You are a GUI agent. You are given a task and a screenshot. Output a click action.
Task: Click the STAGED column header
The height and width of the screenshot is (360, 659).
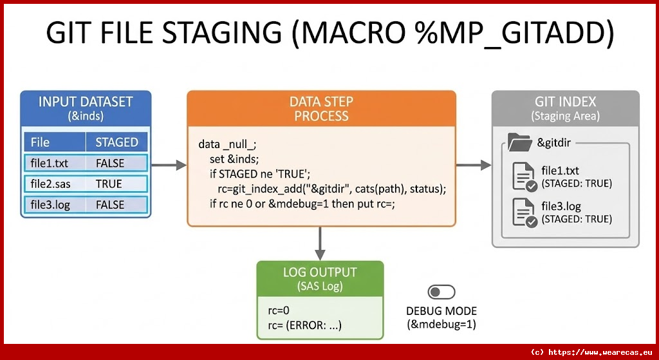point(116,142)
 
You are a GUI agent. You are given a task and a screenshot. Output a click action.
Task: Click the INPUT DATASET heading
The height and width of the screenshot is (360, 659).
point(86,102)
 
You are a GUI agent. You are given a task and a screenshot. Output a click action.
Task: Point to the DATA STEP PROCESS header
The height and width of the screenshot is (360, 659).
point(321,109)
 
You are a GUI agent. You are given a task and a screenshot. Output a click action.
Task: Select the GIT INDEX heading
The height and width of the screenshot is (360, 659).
point(565,102)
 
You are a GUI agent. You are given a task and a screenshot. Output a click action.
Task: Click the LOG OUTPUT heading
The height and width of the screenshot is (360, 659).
point(320,272)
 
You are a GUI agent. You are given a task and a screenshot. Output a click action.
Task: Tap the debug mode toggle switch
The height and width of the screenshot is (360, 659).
point(441,292)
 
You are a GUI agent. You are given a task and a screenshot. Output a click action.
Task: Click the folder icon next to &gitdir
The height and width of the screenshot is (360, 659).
point(519,142)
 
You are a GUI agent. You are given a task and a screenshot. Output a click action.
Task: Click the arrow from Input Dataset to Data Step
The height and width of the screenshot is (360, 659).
point(169,166)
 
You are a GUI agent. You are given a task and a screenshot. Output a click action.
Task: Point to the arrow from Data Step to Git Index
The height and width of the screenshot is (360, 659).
point(474,166)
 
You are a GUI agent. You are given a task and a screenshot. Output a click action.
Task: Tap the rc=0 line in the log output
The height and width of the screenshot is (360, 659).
point(278,310)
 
